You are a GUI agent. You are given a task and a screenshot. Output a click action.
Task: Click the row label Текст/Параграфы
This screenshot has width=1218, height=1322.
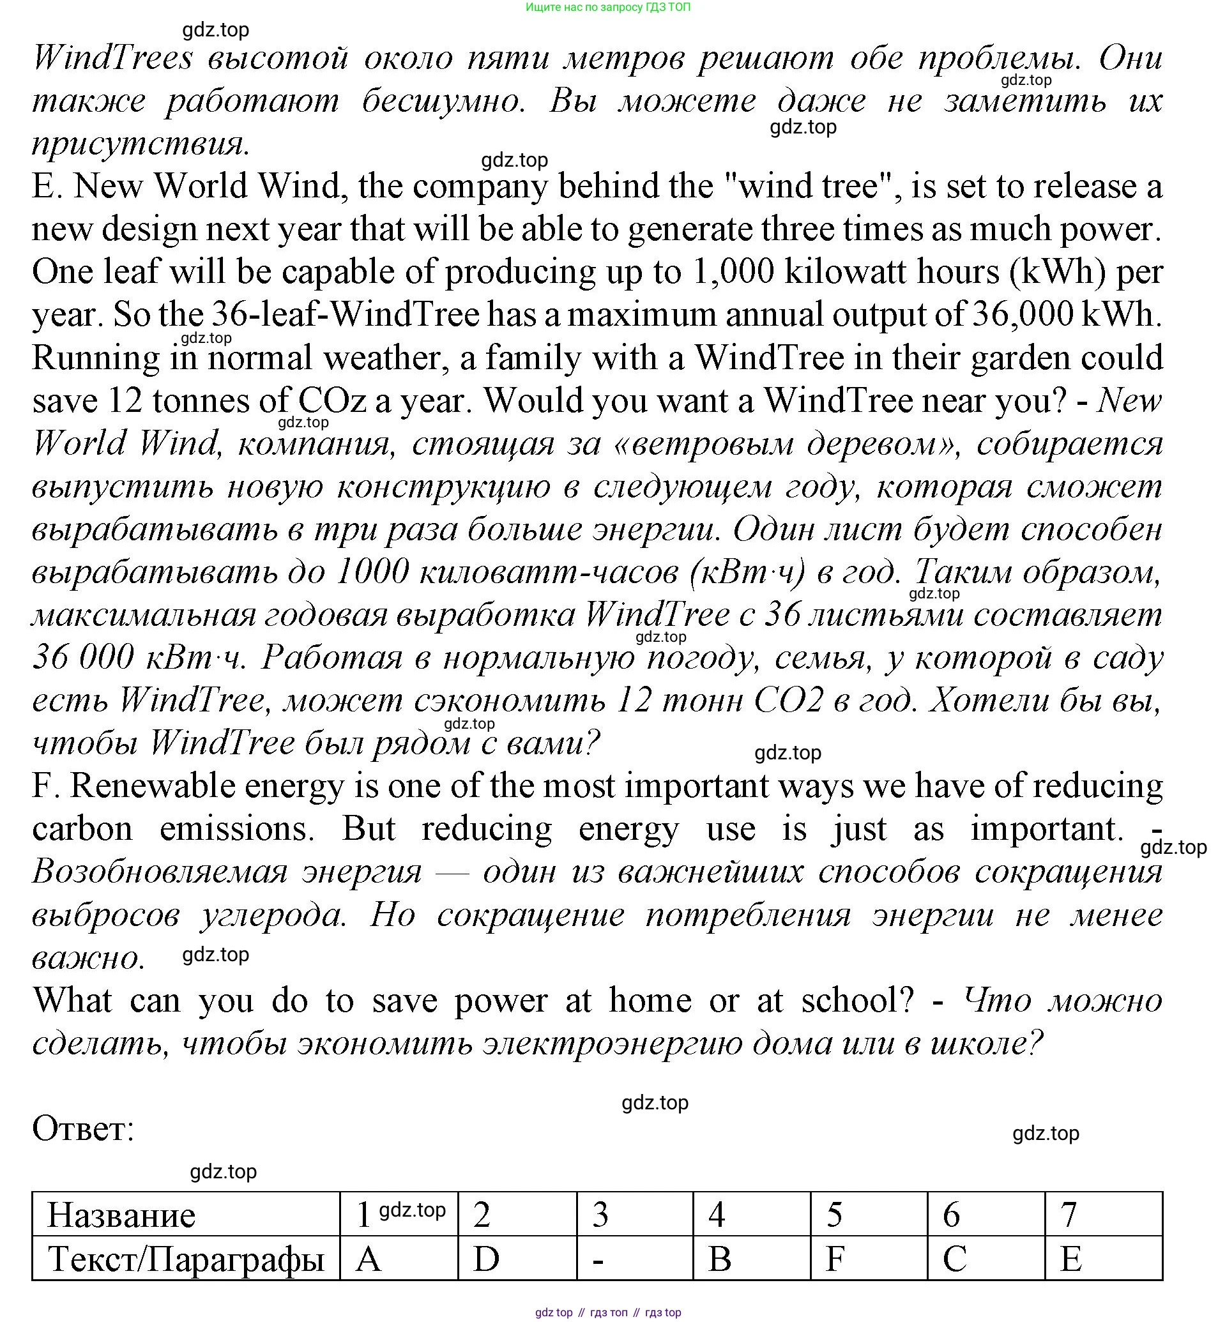(187, 1259)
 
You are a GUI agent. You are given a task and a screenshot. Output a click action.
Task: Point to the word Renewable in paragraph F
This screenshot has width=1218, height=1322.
(153, 786)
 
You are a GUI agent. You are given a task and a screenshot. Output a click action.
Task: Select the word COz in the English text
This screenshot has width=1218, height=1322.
(332, 400)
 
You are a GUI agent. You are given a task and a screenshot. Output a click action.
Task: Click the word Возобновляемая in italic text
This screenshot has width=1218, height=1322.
(161, 871)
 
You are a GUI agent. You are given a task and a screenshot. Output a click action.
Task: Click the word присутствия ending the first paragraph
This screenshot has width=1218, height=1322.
(141, 143)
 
